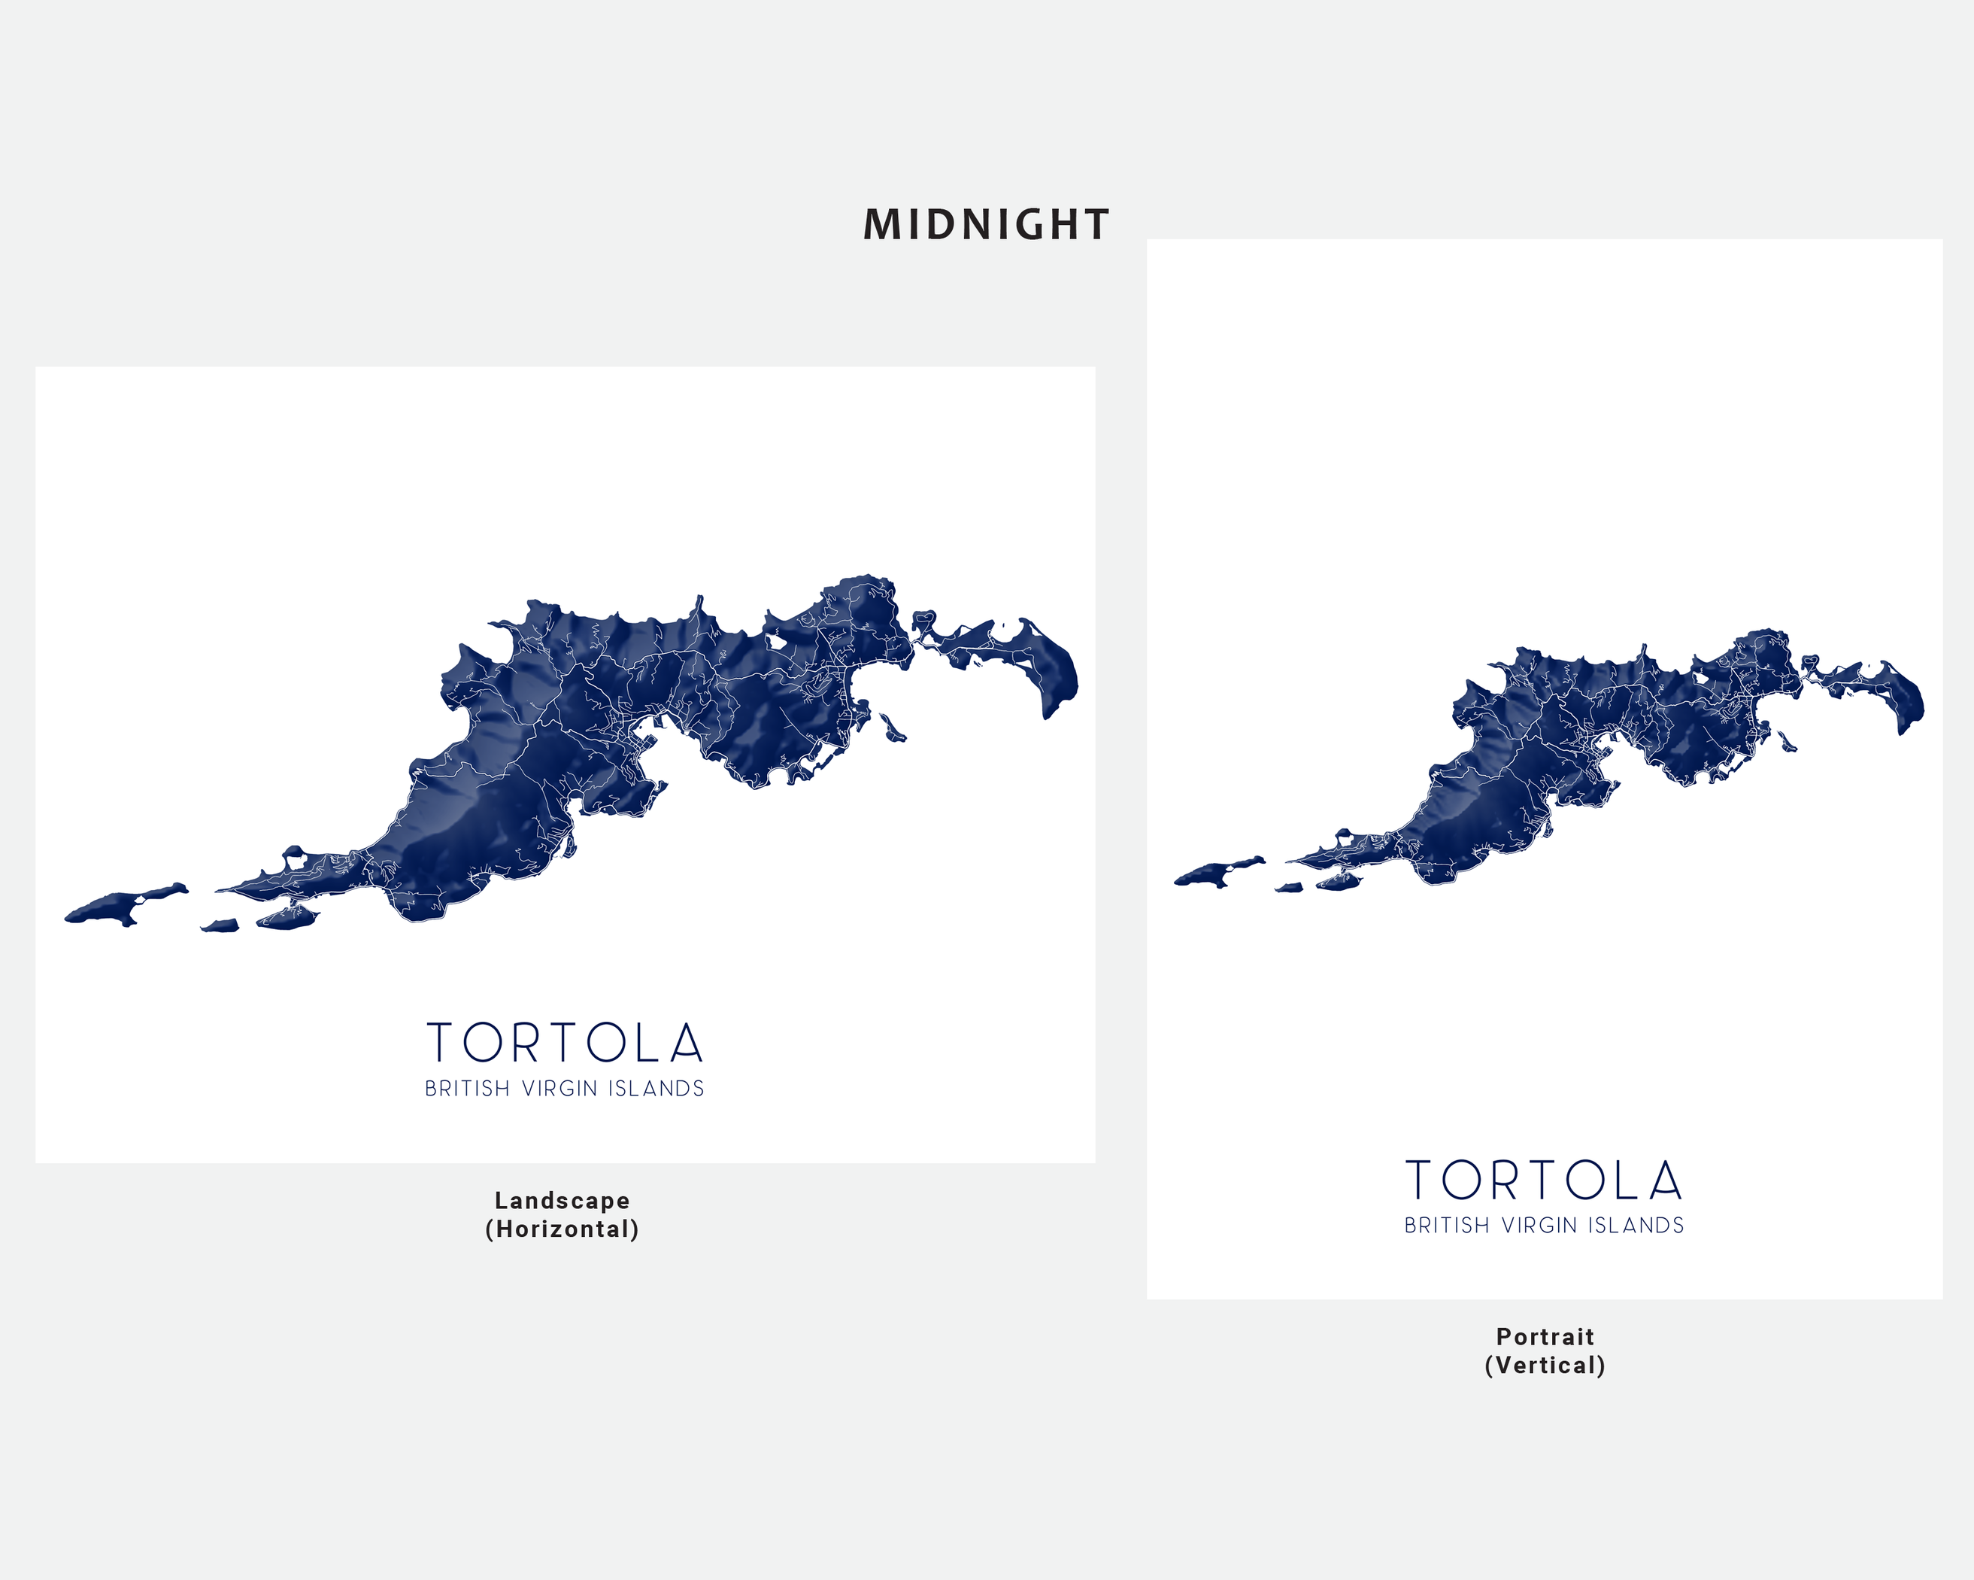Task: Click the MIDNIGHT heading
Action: point(986,225)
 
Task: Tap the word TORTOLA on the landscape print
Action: point(565,1044)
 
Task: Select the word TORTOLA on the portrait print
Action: point(1544,1180)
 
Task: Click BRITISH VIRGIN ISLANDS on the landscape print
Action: point(564,1089)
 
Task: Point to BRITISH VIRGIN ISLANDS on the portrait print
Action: point(1544,1226)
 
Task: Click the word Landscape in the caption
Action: point(562,1201)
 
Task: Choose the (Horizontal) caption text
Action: point(562,1229)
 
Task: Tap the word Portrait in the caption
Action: point(1545,1337)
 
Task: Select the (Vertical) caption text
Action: point(1545,1366)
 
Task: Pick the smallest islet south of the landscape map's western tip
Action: point(220,926)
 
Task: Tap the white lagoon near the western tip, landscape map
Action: point(295,860)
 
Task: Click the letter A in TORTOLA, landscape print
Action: point(686,1044)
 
